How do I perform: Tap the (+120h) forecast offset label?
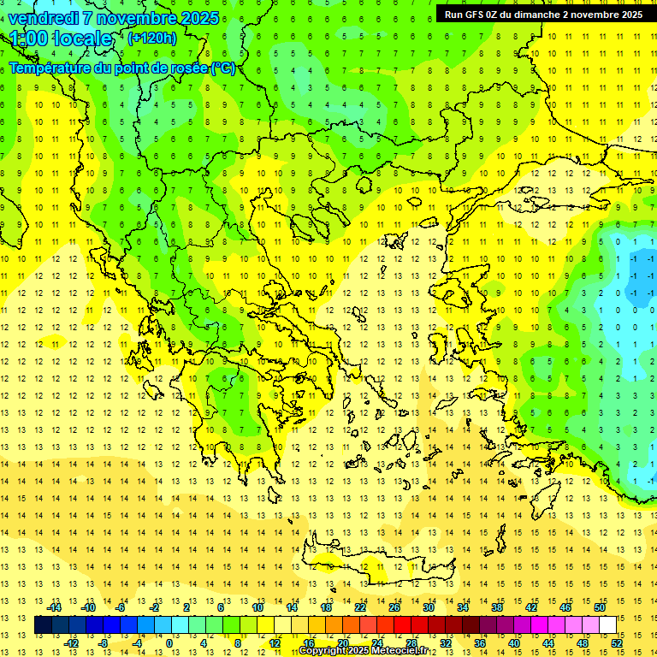click(x=151, y=38)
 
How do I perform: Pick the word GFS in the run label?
click(x=474, y=15)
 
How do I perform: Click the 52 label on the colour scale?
click(x=617, y=643)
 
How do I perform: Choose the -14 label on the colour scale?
click(x=54, y=607)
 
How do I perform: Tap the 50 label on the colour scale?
click(x=600, y=607)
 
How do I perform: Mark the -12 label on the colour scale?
click(x=71, y=643)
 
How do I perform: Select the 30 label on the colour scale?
click(x=429, y=607)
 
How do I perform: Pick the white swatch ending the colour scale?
click(x=608, y=625)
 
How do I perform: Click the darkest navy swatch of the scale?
click(x=43, y=625)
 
